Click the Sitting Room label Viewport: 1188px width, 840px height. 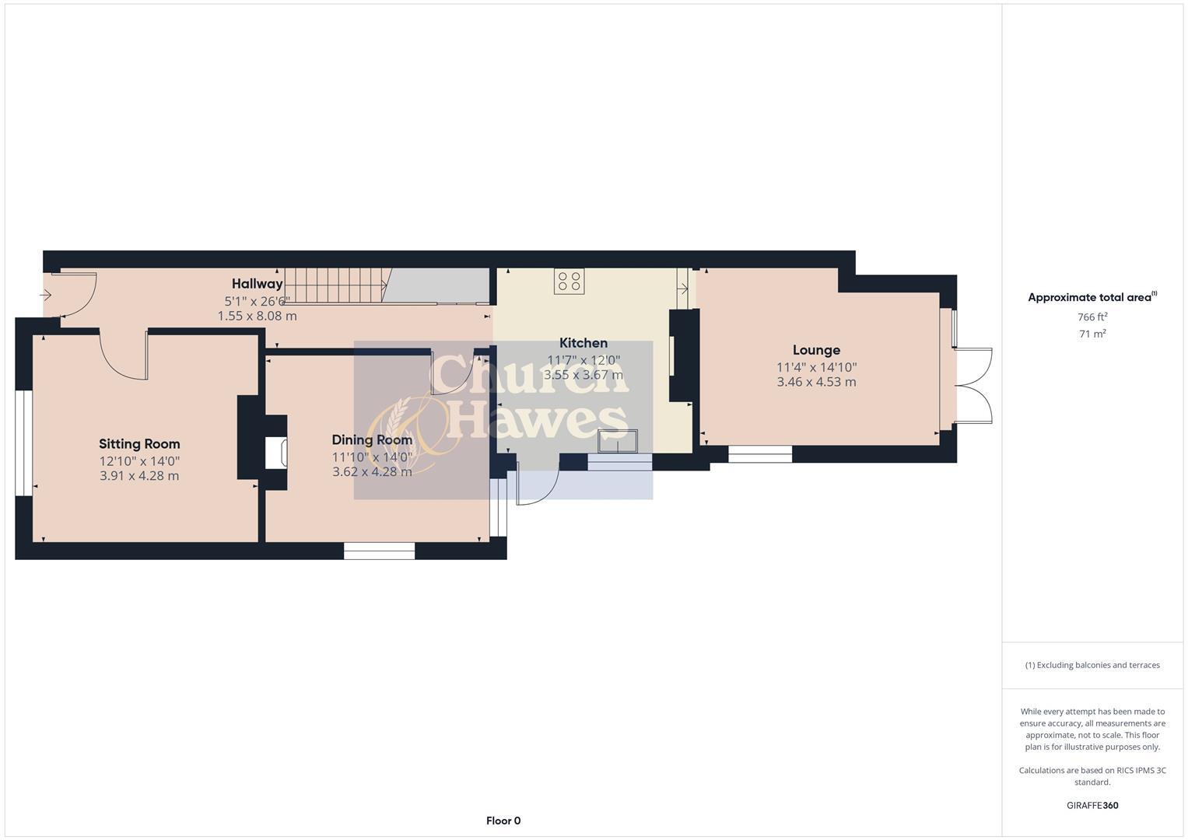pyautogui.click(x=139, y=444)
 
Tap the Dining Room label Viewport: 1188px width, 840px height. pyautogui.click(x=372, y=440)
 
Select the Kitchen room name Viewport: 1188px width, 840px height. pyautogui.click(x=583, y=343)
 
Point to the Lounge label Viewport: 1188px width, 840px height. pyautogui.click(x=816, y=350)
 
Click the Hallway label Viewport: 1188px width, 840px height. pyautogui.click(x=258, y=284)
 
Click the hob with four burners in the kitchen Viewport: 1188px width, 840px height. pyautogui.click(x=569, y=282)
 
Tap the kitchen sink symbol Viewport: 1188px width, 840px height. pyautogui.click(x=618, y=441)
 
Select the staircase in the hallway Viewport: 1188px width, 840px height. pyautogui.click(x=335, y=285)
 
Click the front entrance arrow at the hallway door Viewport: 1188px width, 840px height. pyautogui.click(x=46, y=295)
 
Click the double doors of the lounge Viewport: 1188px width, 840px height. pyautogui.click(x=972, y=386)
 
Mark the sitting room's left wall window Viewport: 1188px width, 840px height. pyautogui.click(x=24, y=443)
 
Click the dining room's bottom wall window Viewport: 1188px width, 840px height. pyautogui.click(x=379, y=551)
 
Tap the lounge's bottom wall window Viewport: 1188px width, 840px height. pyautogui.click(x=759, y=454)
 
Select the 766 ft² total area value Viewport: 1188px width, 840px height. pyautogui.click(x=1092, y=317)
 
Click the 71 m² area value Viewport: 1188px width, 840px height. pyautogui.click(x=1092, y=334)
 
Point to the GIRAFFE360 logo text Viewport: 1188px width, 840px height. pyautogui.click(x=1092, y=805)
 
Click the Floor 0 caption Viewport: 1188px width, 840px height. pyautogui.click(x=503, y=821)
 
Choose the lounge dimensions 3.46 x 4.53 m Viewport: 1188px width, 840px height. pyautogui.click(x=816, y=382)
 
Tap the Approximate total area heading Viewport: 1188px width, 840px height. pyautogui.click(x=1091, y=297)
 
